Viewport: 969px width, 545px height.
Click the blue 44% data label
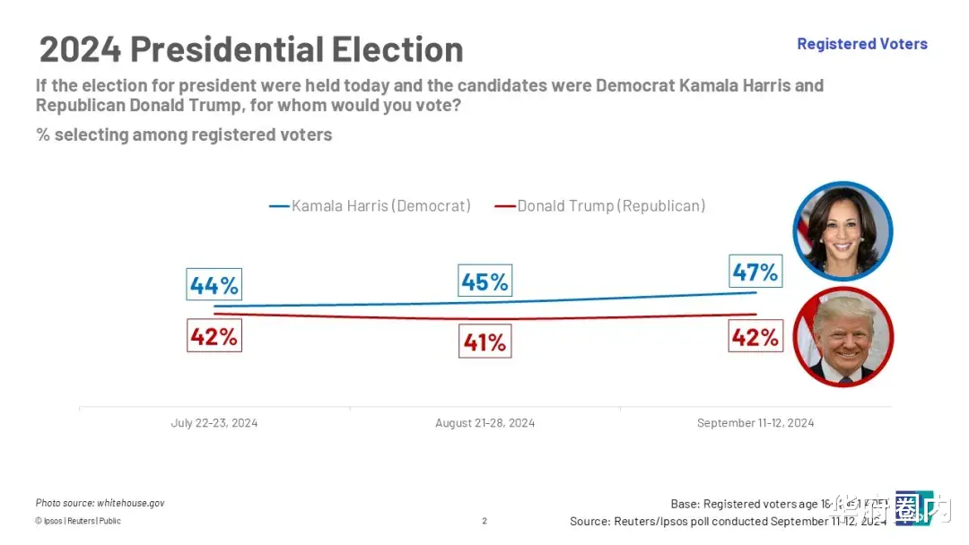214,285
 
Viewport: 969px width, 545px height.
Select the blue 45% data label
484,281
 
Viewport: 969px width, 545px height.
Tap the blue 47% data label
755,271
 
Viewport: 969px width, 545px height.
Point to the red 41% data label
484,342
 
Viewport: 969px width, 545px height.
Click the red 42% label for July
214,336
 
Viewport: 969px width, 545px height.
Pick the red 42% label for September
755,336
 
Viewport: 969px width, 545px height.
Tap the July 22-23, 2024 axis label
214,423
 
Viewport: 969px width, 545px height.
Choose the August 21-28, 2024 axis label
484,423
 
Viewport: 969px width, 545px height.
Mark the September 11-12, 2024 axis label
755,423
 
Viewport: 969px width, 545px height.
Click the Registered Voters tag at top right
861,44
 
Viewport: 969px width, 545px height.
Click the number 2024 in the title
80,48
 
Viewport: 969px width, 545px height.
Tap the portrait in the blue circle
842,231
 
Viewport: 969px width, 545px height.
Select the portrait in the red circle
842,337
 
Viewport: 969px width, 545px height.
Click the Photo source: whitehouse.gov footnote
100,503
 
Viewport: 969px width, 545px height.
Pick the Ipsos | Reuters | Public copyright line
78,521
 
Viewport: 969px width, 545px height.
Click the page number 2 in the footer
484,521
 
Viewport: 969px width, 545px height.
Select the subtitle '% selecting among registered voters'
184,135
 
